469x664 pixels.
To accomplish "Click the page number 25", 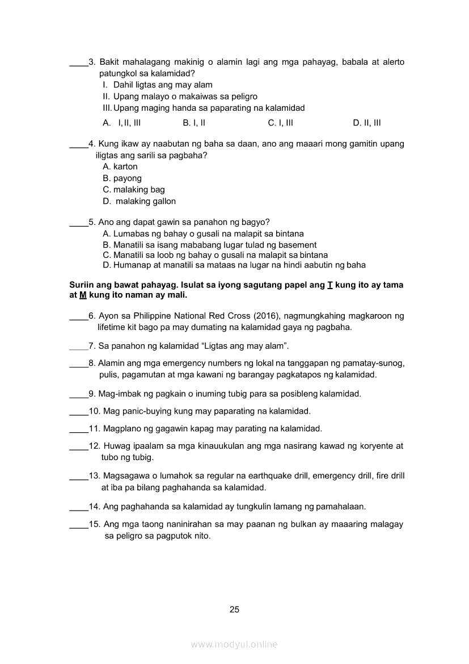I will tap(235, 609).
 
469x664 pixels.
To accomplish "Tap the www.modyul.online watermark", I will tap(234, 645).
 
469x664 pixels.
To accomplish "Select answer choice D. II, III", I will tap(366, 123).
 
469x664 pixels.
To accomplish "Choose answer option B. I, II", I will tap(194, 123).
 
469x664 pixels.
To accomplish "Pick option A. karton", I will tap(120, 166).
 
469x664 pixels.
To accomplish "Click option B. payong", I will tap(122, 178).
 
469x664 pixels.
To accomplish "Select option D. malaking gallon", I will tap(140, 201).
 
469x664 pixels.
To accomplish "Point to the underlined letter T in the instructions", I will tap(329, 285).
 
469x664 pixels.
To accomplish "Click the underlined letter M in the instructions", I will tap(82, 295).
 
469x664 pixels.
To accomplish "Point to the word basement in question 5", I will tap(297, 245).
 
